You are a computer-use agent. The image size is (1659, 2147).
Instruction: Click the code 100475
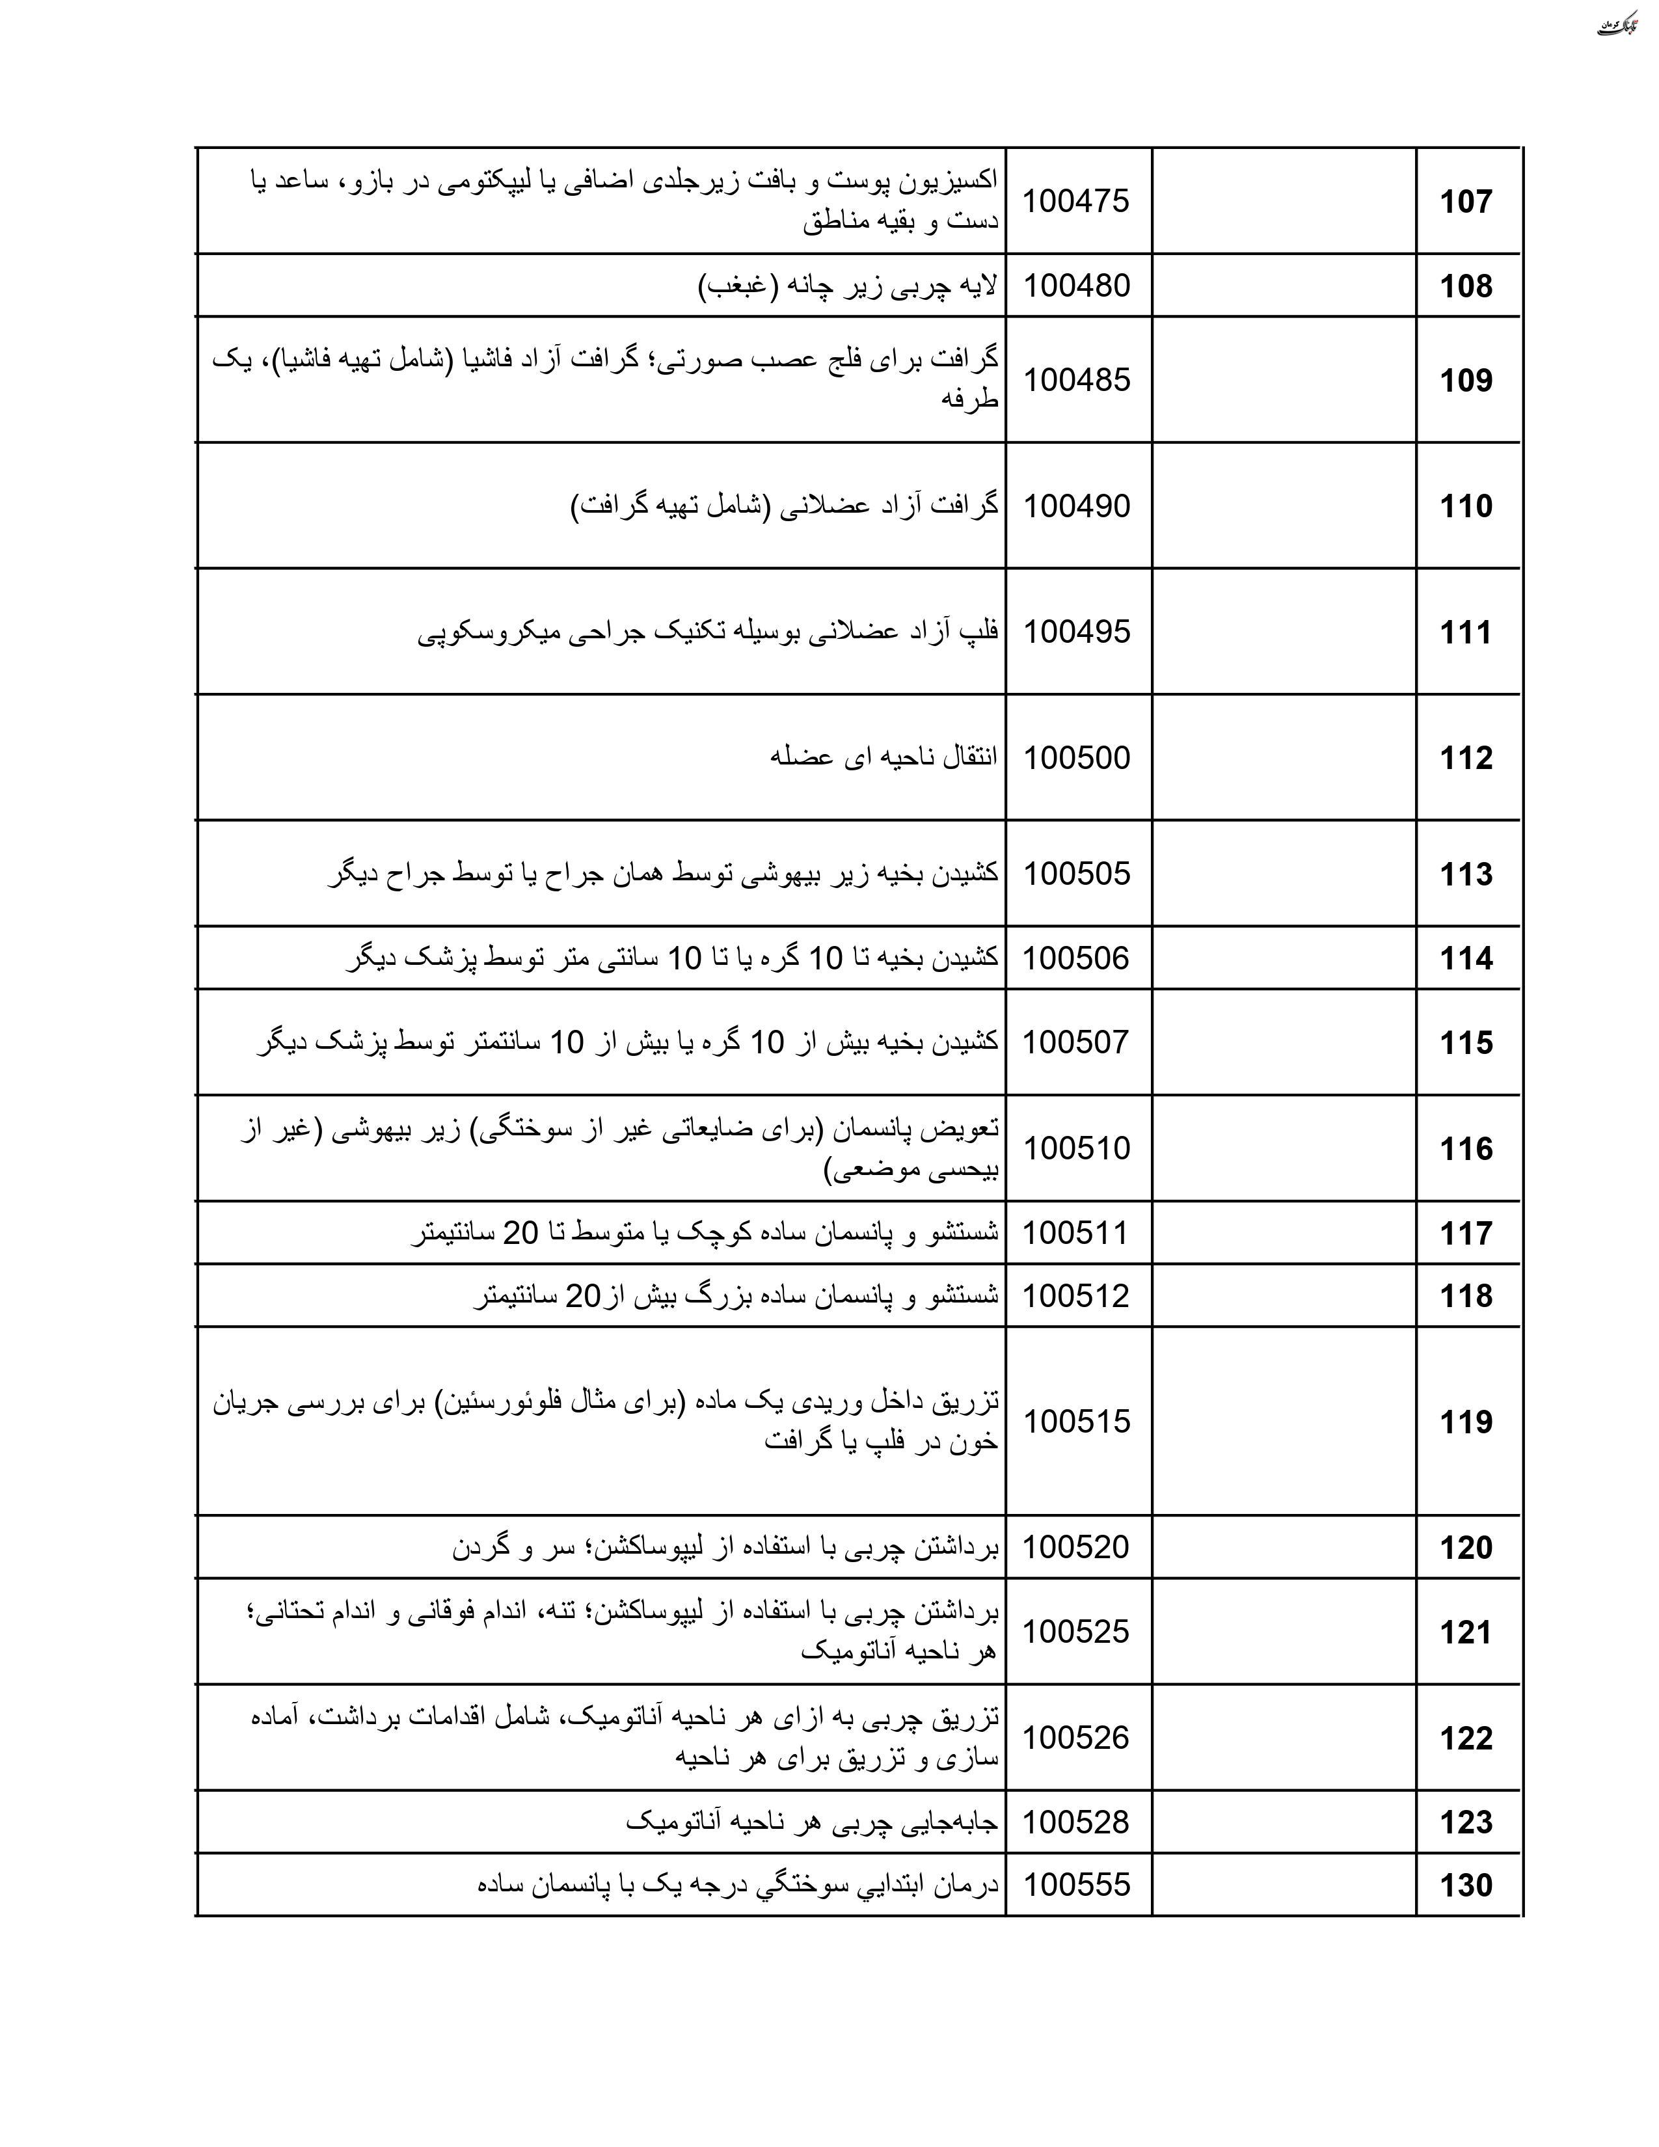[x=1076, y=202]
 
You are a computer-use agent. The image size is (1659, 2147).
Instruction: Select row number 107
[x=1465, y=202]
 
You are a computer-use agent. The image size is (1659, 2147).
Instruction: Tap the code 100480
[x=1076, y=286]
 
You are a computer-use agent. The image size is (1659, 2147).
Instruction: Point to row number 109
[x=1465, y=381]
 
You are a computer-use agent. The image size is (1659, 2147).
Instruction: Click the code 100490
[x=1076, y=506]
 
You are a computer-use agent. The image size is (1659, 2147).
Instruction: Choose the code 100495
[x=1076, y=632]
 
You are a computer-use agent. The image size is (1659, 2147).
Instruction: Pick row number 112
[x=1465, y=758]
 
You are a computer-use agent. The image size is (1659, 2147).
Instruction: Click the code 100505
[x=1076, y=874]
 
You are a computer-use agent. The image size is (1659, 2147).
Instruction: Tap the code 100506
[x=1076, y=958]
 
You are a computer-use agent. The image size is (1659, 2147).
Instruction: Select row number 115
[x=1465, y=1043]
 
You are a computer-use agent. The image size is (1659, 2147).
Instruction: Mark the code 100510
[x=1076, y=1148]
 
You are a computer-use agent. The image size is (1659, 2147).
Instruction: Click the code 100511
[x=1076, y=1233]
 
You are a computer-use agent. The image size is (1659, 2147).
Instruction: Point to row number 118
[x=1465, y=1295]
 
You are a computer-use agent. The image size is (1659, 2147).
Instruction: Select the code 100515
[x=1076, y=1422]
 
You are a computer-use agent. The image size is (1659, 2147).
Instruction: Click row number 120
[x=1465, y=1547]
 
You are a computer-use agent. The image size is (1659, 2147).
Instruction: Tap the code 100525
[x=1076, y=1632]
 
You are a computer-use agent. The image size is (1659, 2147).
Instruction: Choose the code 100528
[x=1076, y=1822]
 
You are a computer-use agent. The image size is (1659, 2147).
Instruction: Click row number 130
[x=1465, y=1885]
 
